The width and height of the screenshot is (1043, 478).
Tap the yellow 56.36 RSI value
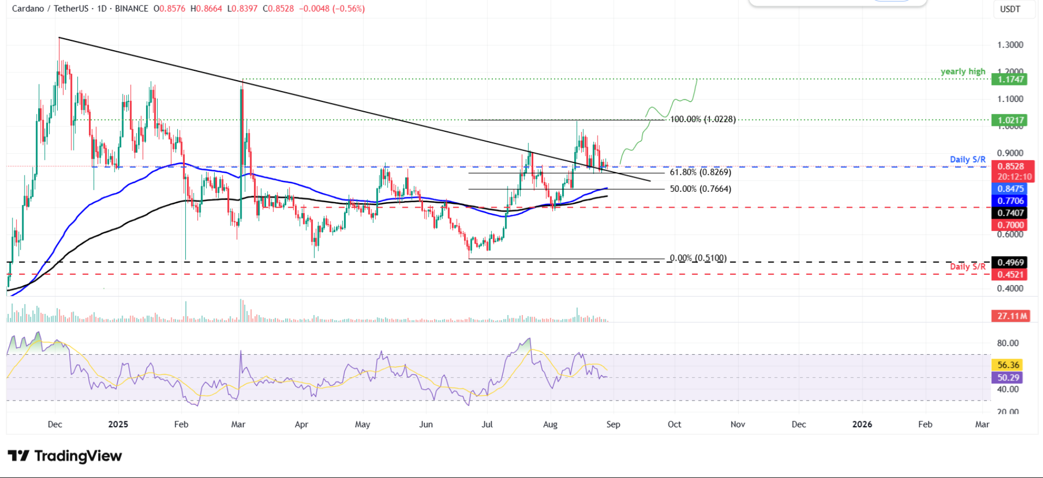1008,365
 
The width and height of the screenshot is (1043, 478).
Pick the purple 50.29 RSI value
1008,378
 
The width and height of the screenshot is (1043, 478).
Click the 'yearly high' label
963,71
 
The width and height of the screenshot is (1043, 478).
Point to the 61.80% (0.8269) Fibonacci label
701,172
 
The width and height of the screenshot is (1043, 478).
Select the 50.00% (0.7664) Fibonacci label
701,189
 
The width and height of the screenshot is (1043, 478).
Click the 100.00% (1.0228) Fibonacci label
703,119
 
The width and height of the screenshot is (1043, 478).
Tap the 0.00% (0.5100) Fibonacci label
698,258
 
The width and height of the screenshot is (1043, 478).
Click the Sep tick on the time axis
613,424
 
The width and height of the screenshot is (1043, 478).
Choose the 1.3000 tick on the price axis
1010,45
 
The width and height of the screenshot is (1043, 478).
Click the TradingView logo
65,456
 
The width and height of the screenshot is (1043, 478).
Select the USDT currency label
1010,9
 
